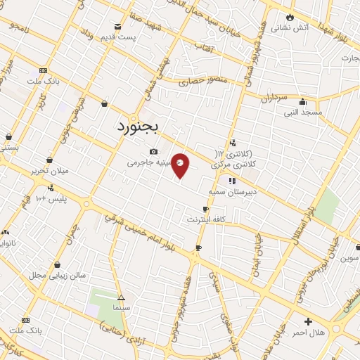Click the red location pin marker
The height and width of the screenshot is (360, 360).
tap(181, 165)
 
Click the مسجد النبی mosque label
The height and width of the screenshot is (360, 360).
tap(302, 112)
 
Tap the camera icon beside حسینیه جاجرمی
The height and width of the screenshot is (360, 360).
tap(153, 151)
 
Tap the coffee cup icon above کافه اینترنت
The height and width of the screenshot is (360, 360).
tap(205, 209)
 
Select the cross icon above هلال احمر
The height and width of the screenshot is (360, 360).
tap(308, 321)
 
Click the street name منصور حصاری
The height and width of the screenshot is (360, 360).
tap(204, 81)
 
